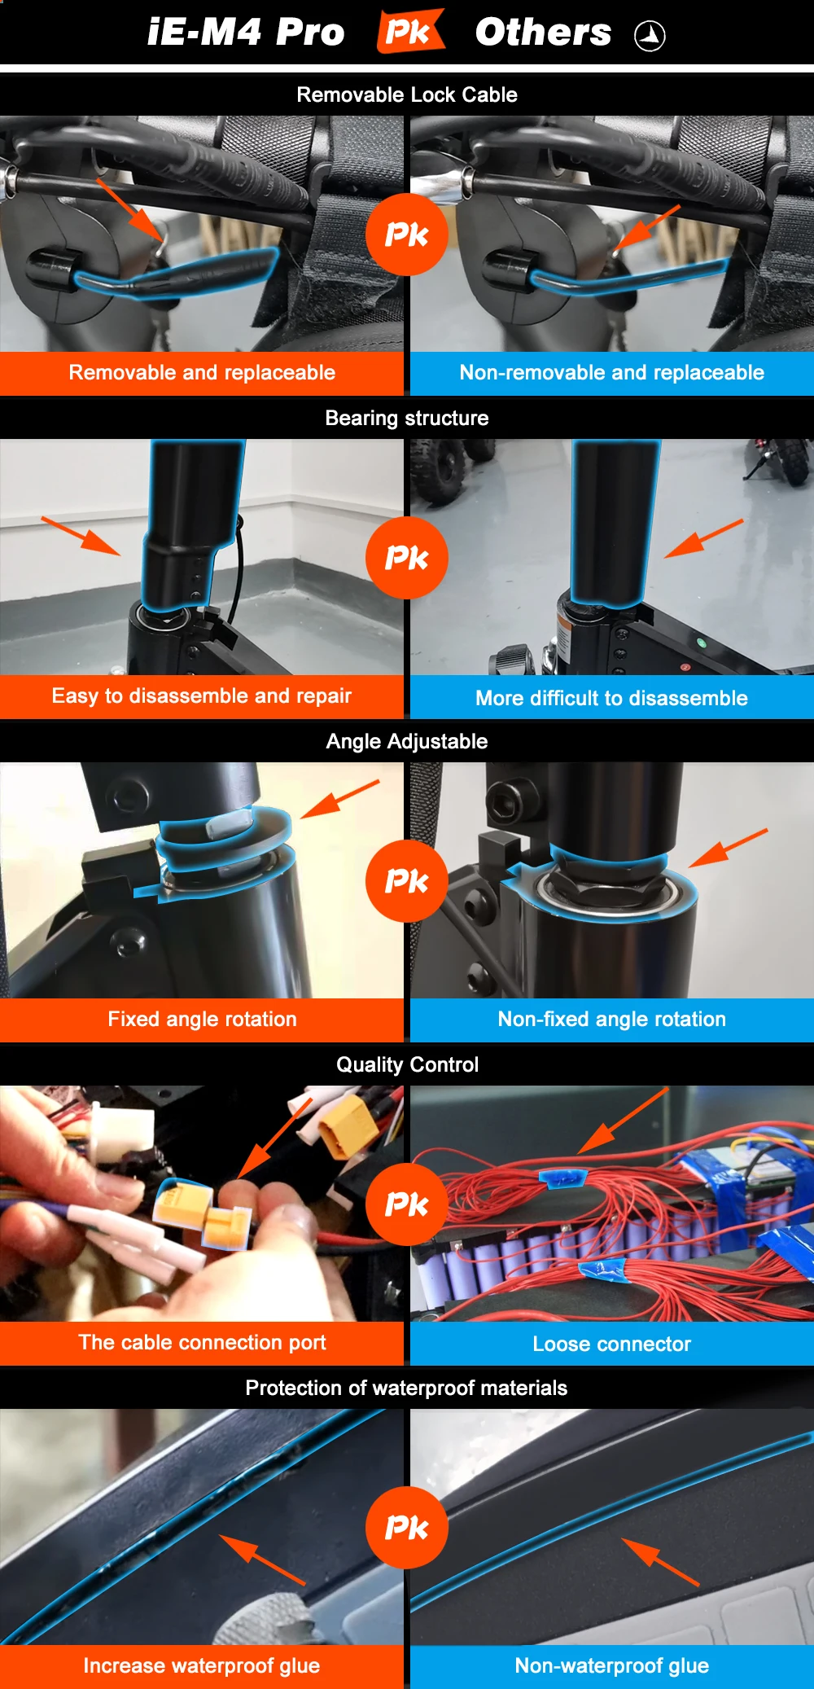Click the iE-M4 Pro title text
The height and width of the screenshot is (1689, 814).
pos(246,33)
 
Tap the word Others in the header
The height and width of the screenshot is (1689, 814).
pos(543,33)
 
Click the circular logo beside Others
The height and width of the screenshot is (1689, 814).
pos(650,36)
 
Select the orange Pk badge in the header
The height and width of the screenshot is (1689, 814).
pos(410,31)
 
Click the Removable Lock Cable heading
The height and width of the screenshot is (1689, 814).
pos(407,94)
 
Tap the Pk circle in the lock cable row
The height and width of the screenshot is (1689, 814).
pos(406,235)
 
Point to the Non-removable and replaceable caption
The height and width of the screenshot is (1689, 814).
pos(611,372)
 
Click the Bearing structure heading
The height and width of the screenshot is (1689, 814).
pos(407,418)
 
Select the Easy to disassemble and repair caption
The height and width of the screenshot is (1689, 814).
pos(202,695)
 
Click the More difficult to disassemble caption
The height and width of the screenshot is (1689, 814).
pos(611,698)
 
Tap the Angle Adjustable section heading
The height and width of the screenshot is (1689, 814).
pos(407,741)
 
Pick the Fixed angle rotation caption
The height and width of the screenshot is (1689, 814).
pos(202,1019)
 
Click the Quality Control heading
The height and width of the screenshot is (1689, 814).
pos(407,1064)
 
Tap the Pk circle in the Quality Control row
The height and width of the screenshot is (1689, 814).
pos(406,1204)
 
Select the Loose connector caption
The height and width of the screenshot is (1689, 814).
pos(611,1344)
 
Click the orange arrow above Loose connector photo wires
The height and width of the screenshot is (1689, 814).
pos(624,1121)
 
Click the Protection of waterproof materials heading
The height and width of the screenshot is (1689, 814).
pos(407,1388)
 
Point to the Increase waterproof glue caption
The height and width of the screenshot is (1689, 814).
pos(202,1665)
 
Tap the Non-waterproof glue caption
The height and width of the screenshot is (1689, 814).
pos(611,1665)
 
